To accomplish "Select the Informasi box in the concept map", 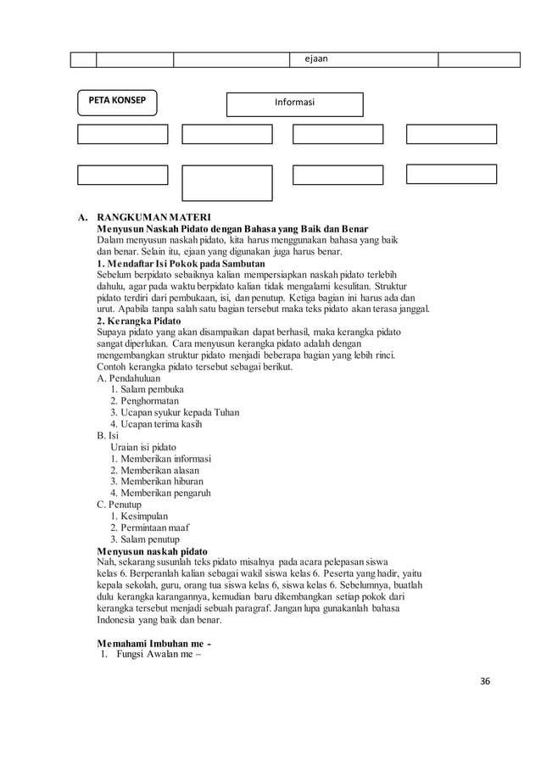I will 294,103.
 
